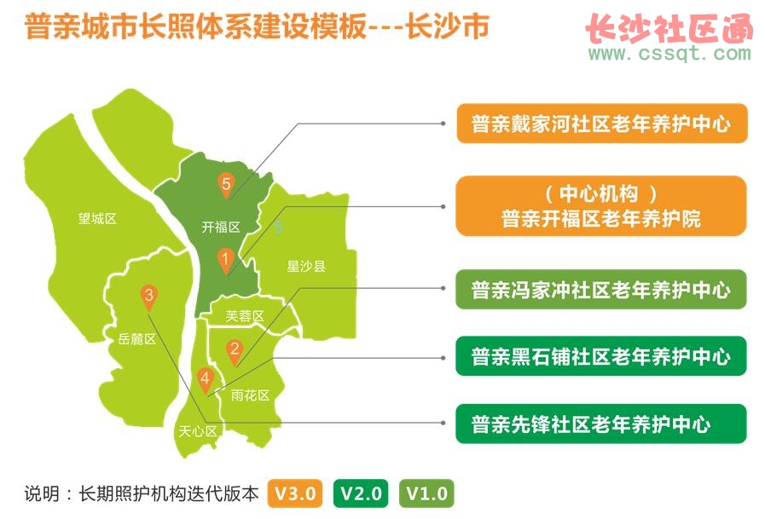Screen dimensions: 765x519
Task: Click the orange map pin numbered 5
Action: tap(226, 185)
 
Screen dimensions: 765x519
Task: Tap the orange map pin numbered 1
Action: tap(225, 261)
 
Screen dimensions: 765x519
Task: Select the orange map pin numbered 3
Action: tap(148, 297)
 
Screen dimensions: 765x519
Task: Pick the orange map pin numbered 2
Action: tap(235, 352)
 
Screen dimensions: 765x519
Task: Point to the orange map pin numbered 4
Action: tap(205, 381)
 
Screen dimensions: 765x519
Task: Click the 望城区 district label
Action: tap(97, 218)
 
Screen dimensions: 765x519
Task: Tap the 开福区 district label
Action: tap(221, 227)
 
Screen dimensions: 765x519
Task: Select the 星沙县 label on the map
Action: tap(306, 266)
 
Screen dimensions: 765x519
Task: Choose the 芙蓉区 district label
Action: tap(245, 316)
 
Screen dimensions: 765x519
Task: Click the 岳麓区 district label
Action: tap(136, 338)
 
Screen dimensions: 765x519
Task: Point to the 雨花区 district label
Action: tap(250, 395)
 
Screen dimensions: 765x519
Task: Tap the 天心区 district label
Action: tap(198, 430)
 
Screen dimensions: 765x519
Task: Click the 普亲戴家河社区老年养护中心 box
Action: tap(602, 124)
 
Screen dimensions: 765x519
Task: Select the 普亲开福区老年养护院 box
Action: tap(601, 206)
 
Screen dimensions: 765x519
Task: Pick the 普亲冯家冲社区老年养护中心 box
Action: tap(601, 290)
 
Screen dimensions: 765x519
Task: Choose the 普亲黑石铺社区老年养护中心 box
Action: tap(601, 356)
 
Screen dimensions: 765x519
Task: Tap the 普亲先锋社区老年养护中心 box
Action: tap(601, 424)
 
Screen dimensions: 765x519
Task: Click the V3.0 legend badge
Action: tap(295, 493)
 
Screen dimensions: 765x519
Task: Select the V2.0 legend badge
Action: tap(361, 493)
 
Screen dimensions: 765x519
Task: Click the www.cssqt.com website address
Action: tap(669, 52)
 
